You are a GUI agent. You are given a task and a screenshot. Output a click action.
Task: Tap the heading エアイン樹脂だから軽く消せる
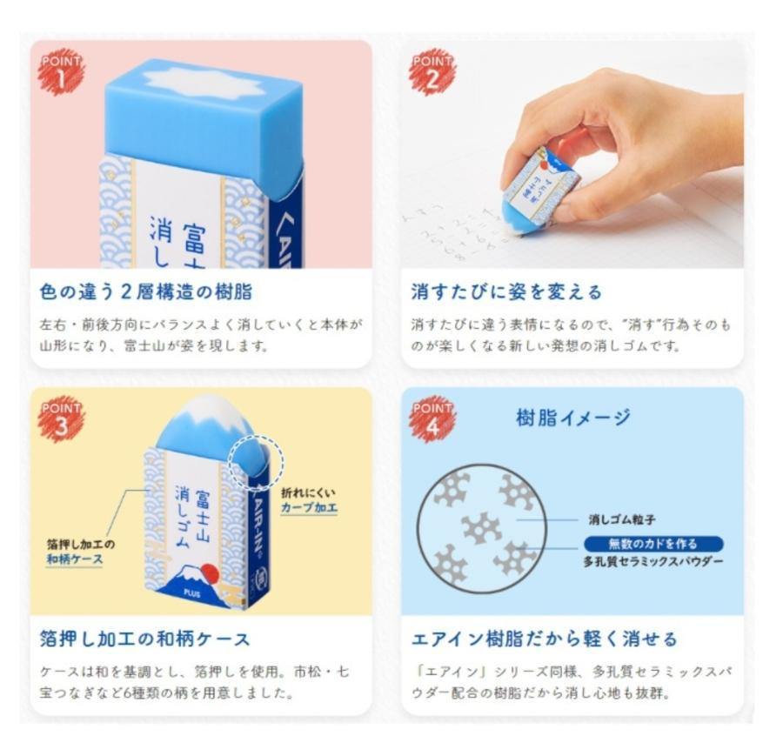[544, 639]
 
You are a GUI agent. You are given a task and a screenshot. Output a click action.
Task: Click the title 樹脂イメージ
[572, 418]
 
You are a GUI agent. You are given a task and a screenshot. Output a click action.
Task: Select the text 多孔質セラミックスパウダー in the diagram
[652, 562]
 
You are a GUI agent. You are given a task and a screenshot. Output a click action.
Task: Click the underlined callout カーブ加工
[309, 508]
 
